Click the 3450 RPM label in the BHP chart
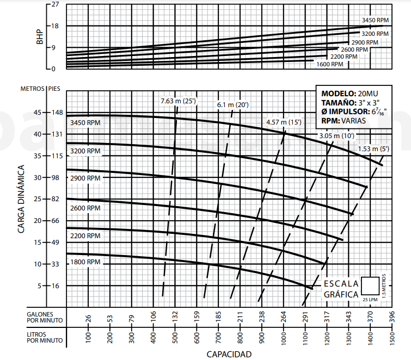(x=375, y=20)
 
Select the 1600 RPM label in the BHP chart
(x=329, y=64)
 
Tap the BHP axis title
(x=39, y=37)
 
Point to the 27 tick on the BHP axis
(x=54, y=4)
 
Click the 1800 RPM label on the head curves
(x=85, y=262)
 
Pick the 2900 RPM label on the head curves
(x=85, y=178)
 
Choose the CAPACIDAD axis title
(x=229, y=354)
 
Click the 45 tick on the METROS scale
(x=38, y=113)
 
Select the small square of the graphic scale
(x=371, y=285)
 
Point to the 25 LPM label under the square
(x=370, y=299)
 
